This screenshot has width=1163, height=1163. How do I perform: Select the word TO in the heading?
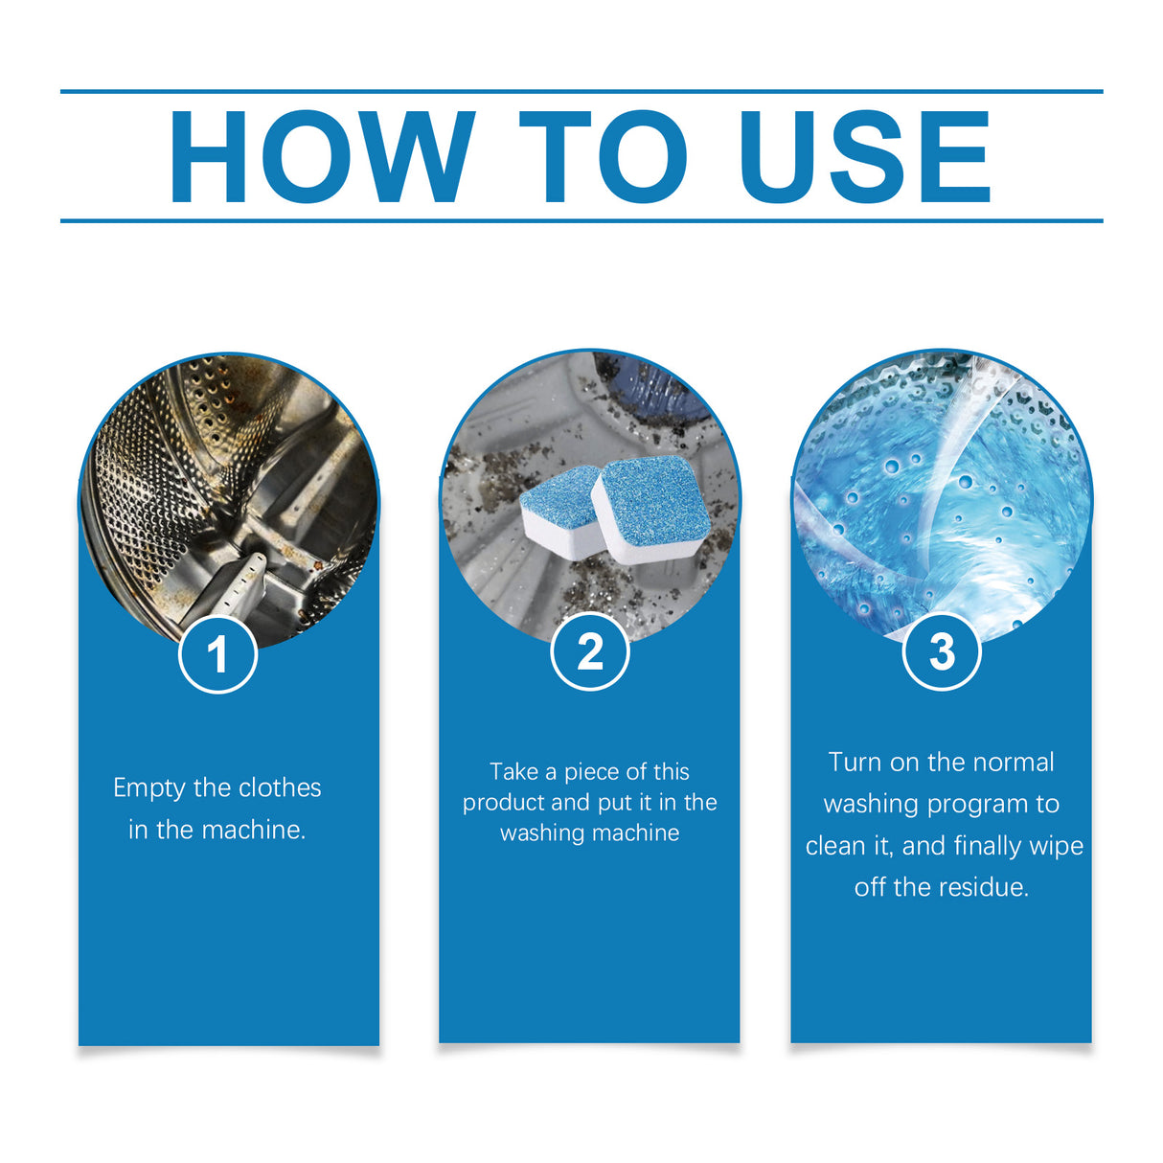pyautogui.click(x=604, y=158)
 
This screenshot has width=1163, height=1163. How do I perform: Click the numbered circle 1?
pyautogui.click(x=218, y=654)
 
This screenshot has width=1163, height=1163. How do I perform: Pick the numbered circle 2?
pyautogui.click(x=590, y=651)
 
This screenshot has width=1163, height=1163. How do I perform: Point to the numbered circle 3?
pyautogui.click(x=942, y=651)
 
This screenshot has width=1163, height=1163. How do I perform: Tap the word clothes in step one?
pyautogui.click(x=279, y=787)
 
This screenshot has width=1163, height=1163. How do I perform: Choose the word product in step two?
pyautogui.click(x=504, y=803)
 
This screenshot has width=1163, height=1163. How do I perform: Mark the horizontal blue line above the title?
pyautogui.click(x=581, y=92)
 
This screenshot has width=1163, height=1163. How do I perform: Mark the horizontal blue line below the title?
pyautogui.click(x=581, y=220)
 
